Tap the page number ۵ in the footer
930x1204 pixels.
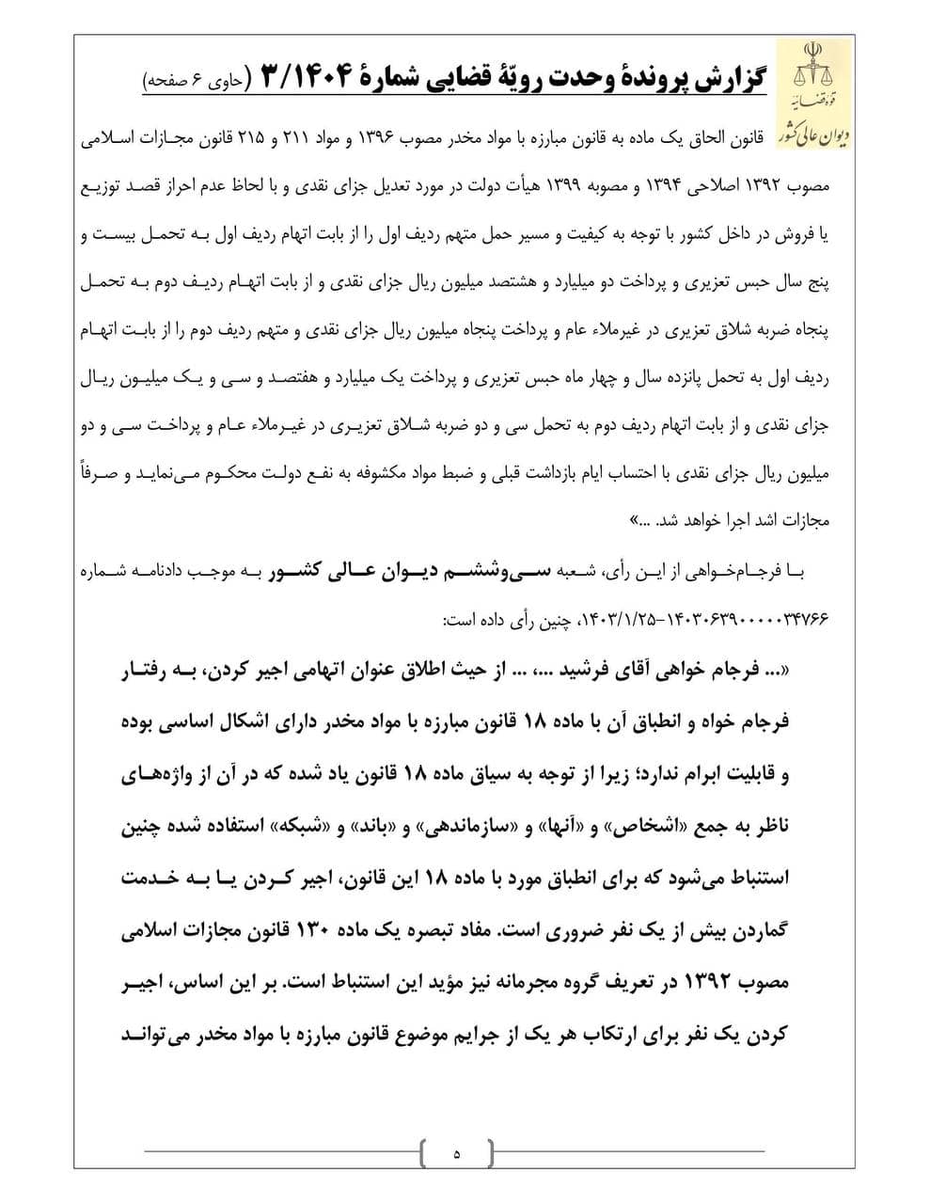457,1152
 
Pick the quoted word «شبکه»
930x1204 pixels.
289,829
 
